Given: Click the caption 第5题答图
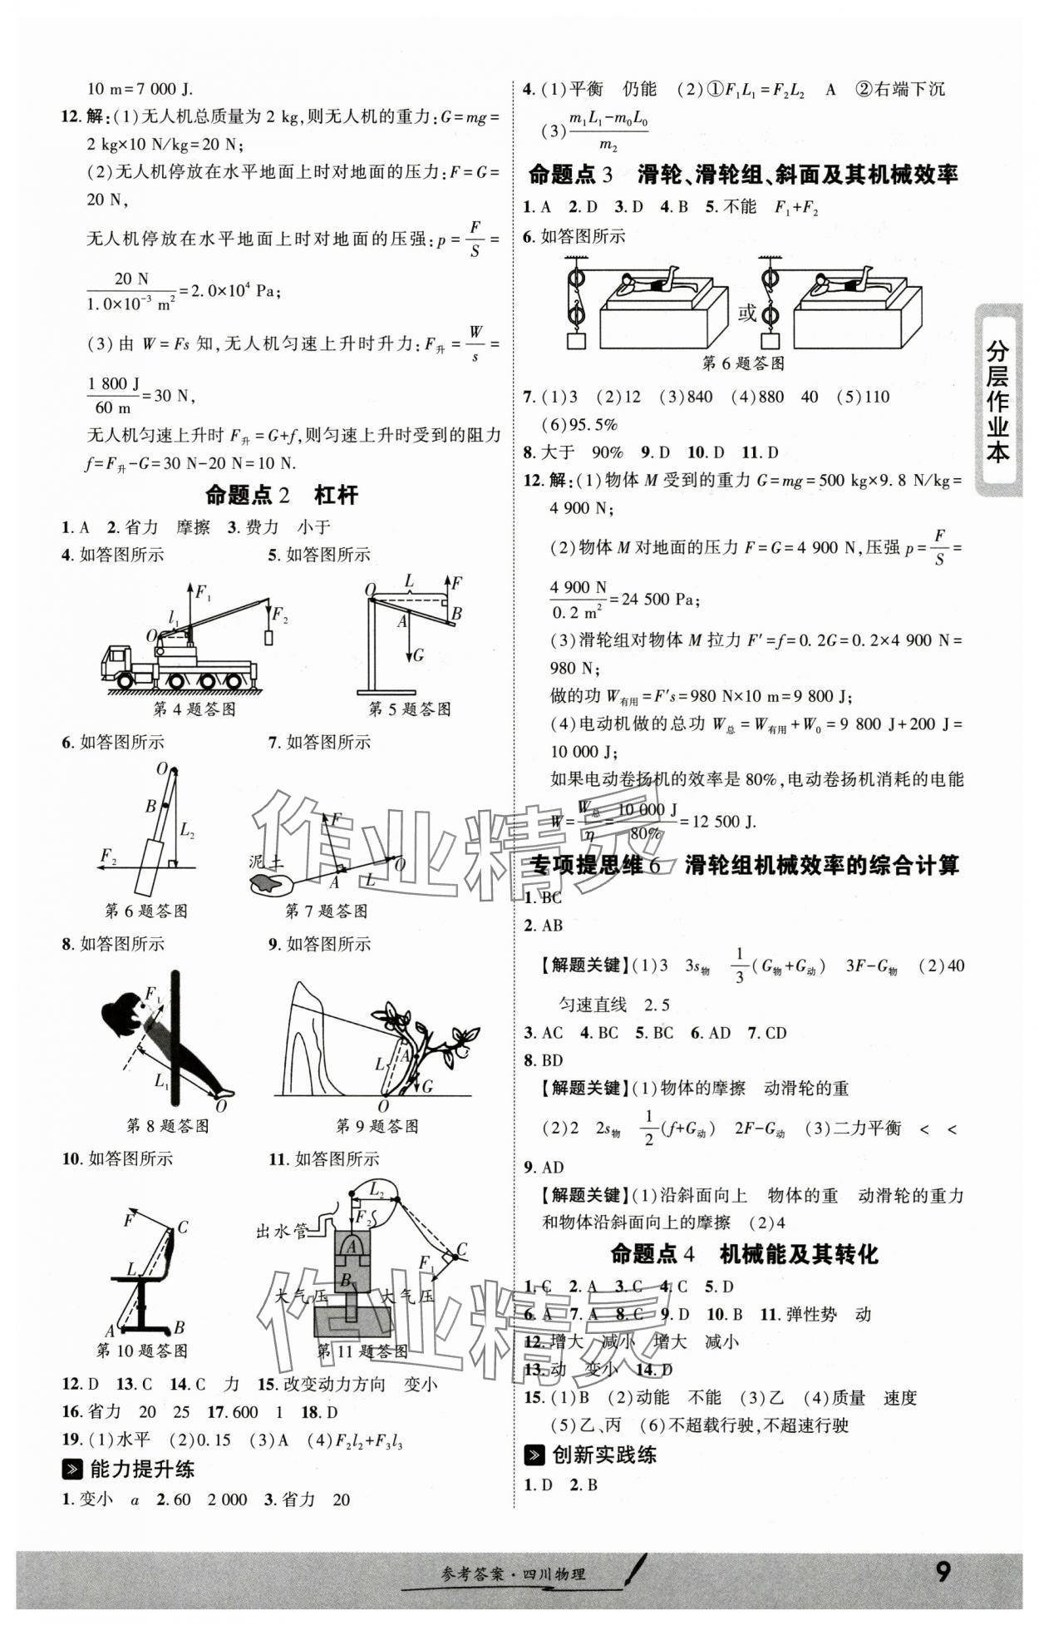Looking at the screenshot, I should [x=410, y=709].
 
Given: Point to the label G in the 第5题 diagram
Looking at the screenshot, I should [x=418, y=655].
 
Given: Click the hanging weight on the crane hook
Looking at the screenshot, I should [x=268, y=637].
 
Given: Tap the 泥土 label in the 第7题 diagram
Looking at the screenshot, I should [x=267, y=862].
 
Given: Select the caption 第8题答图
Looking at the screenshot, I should [x=167, y=1125].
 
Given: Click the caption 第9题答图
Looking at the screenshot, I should [x=377, y=1125].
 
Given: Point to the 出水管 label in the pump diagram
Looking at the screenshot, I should [x=282, y=1232].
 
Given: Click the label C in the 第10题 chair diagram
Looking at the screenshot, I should [x=183, y=1227].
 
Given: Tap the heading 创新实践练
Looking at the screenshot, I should [x=603, y=1455].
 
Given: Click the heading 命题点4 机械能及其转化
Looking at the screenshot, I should [x=743, y=1254].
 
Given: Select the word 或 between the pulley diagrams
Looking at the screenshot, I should [x=747, y=313].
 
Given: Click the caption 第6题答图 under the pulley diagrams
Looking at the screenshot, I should [x=743, y=363].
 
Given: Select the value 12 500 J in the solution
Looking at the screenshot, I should [x=722, y=822].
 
